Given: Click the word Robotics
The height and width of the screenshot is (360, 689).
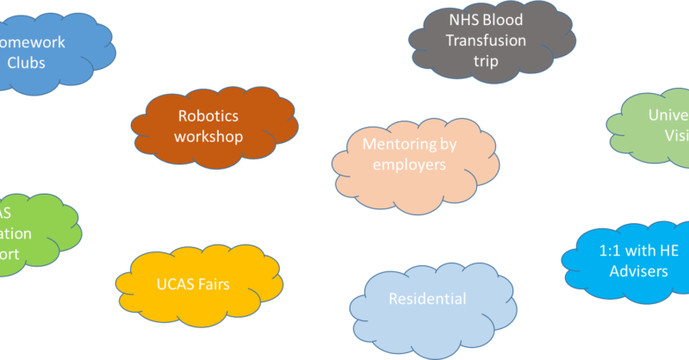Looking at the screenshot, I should [x=208, y=115].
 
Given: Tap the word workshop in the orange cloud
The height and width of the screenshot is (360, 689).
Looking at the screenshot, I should [x=208, y=136].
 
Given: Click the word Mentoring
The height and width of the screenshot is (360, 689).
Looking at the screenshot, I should [x=395, y=144].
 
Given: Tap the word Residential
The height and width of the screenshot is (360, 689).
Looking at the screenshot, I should [x=427, y=299].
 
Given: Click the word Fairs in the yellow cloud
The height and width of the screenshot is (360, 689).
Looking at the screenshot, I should [x=211, y=283].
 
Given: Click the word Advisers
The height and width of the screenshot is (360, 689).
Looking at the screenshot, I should [x=639, y=271].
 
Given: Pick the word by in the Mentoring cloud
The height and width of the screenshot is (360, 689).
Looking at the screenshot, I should [x=445, y=144].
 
